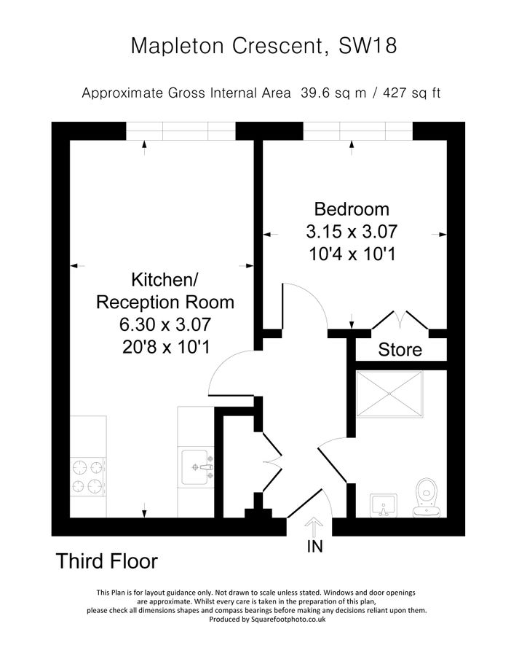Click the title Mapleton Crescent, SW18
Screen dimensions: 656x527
tap(263, 46)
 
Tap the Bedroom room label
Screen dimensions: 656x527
tap(352, 209)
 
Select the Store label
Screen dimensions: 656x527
tap(400, 350)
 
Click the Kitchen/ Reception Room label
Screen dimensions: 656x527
tap(165, 291)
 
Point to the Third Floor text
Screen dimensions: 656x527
tap(106, 561)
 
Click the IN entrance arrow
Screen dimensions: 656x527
tap(314, 526)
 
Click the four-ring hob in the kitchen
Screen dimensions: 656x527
tap(87, 477)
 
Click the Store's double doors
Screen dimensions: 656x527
tap(399, 320)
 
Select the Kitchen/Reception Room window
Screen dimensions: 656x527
tap(181, 130)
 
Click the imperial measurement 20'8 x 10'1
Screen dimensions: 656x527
tap(165, 348)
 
